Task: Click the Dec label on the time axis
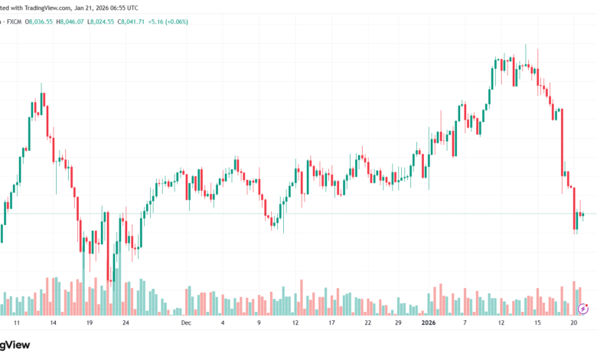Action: click(x=185, y=323)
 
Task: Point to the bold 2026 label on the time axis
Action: click(x=434, y=323)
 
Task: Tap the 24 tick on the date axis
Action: click(x=126, y=323)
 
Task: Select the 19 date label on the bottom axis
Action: click(x=90, y=323)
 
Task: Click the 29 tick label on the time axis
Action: click(x=398, y=323)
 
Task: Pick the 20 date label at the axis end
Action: click(x=573, y=323)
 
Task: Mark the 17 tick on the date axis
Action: click(x=331, y=323)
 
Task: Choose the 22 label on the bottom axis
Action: click(x=367, y=323)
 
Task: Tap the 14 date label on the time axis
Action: click(x=53, y=323)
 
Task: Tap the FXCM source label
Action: click(x=13, y=21)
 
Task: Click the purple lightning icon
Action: click(x=583, y=309)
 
